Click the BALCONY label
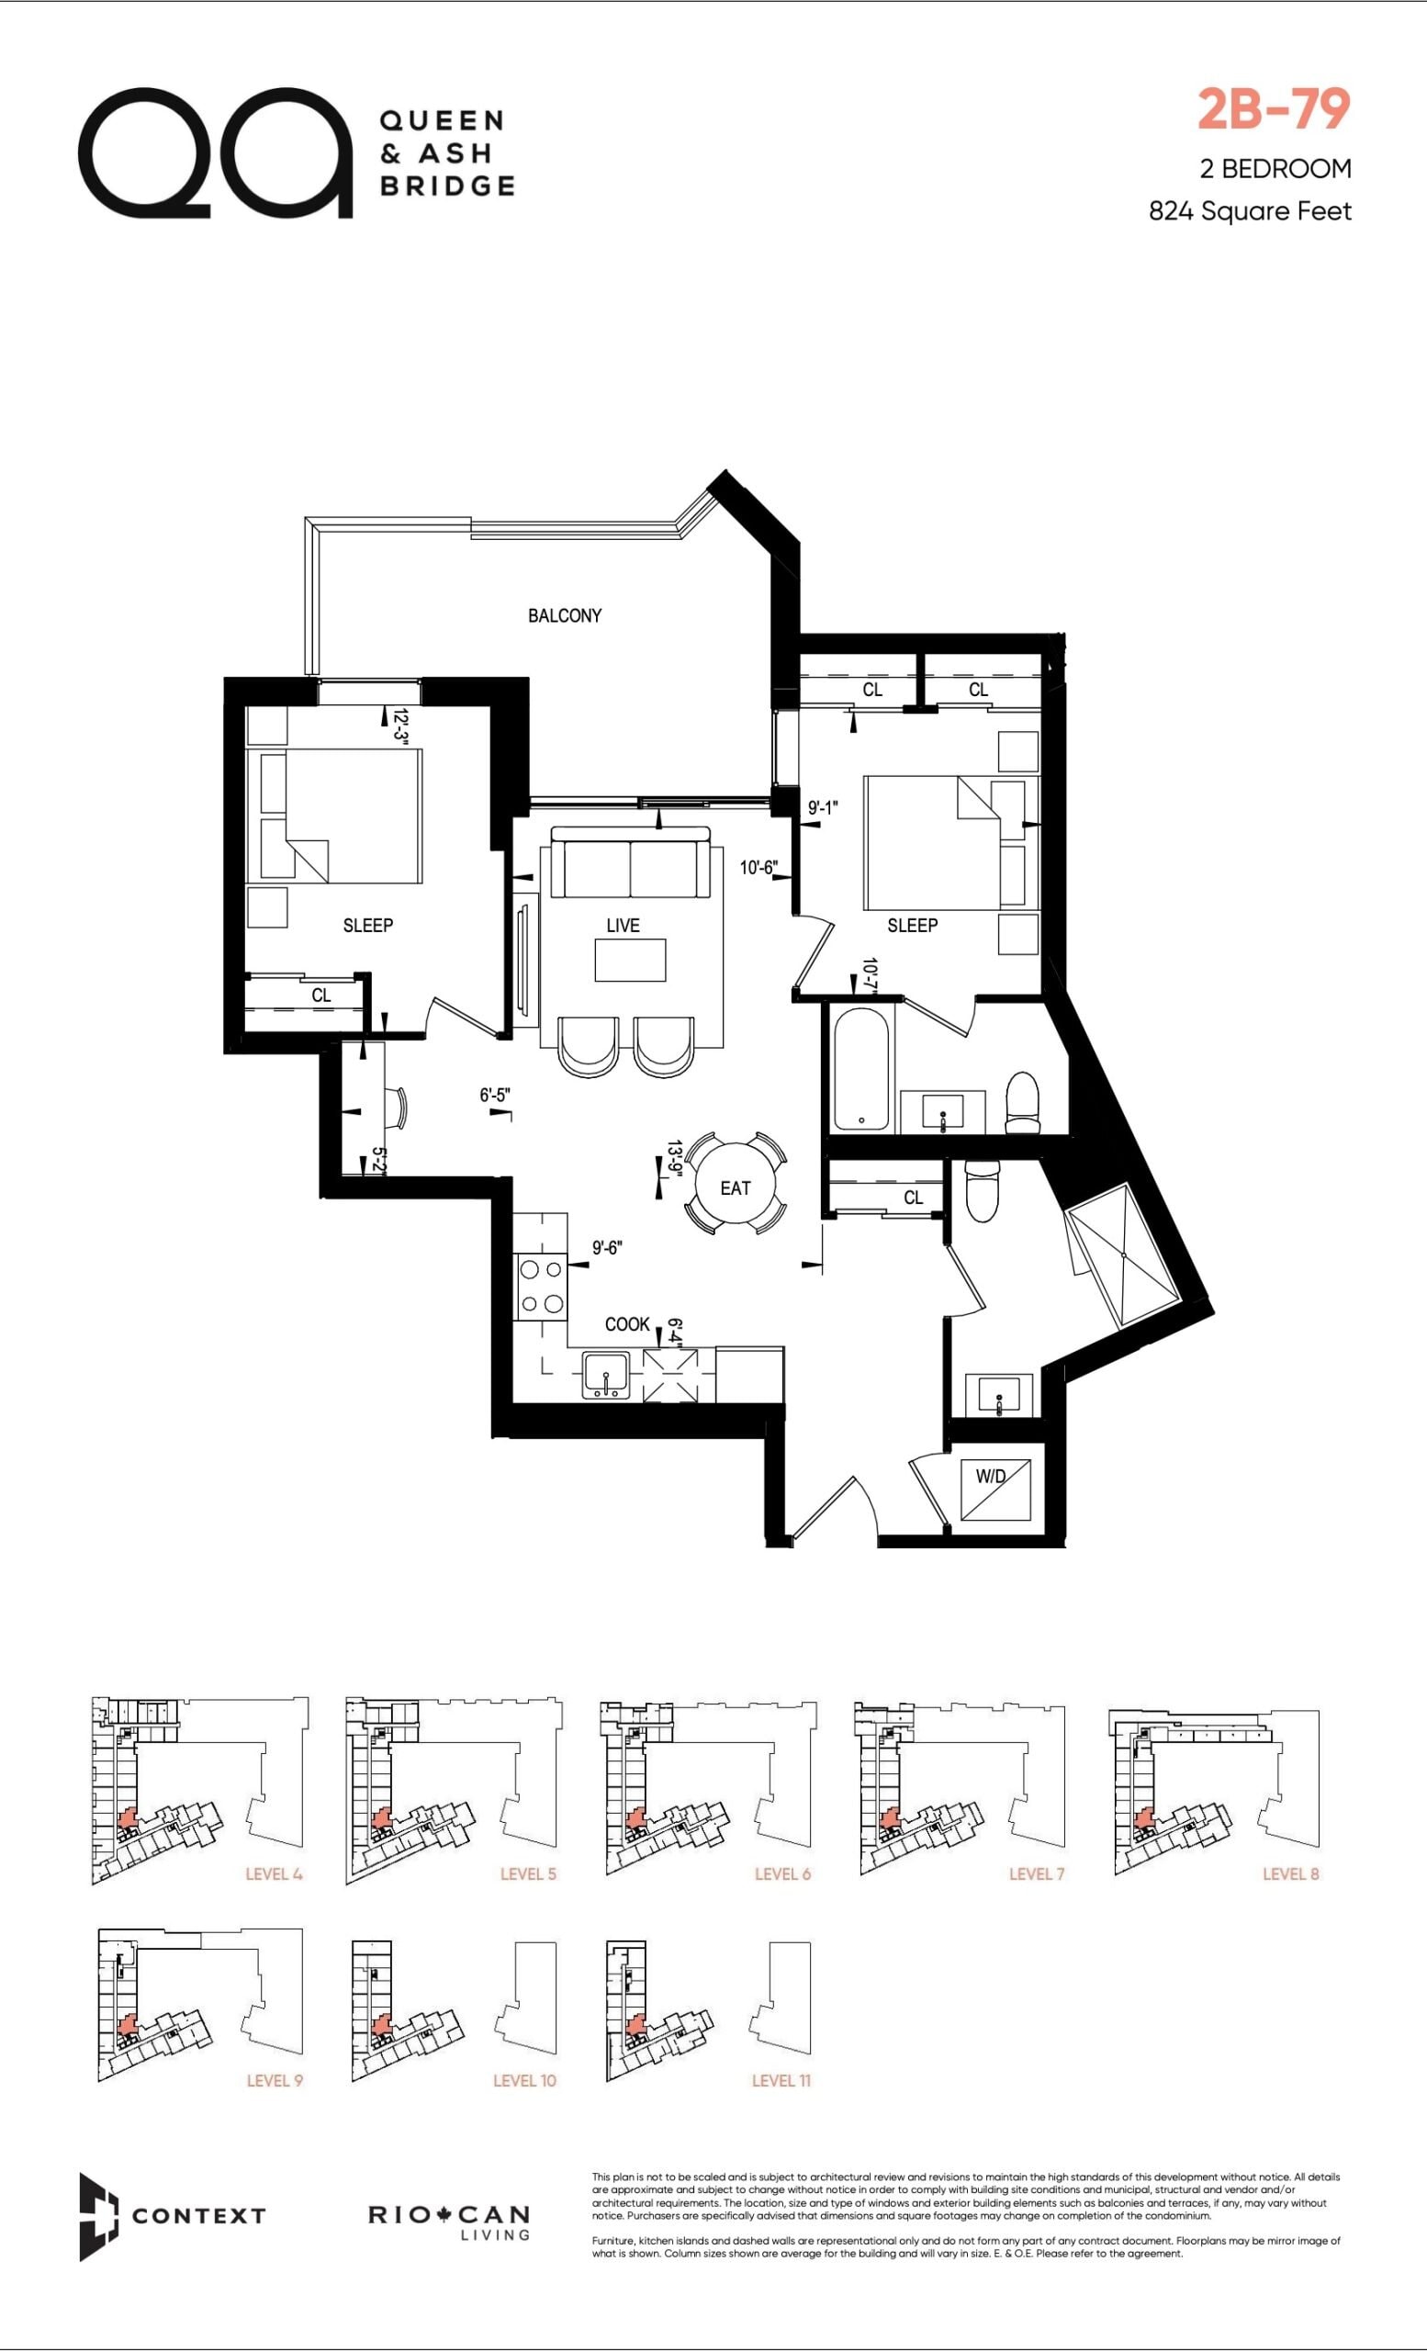[x=565, y=615]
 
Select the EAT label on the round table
[x=736, y=1188]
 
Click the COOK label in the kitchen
[x=626, y=1324]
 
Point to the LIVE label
[x=623, y=925]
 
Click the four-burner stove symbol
[x=541, y=1288]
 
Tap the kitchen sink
[x=606, y=1376]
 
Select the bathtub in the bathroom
[x=861, y=1069]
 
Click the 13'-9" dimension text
[x=674, y=1159]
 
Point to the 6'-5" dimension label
[x=495, y=1096]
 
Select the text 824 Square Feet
[x=1250, y=211]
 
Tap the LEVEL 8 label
[x=1290, y=1874]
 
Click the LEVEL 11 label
[x=781, y=2080]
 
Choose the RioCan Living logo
[x=449, y=2220]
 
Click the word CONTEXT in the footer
[x=198, y=2215]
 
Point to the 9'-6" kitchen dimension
[x=608, y=1247]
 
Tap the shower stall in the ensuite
[x=1124, y=1254]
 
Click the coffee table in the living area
[x=631, y=960]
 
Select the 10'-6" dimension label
[x=758, y=867]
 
